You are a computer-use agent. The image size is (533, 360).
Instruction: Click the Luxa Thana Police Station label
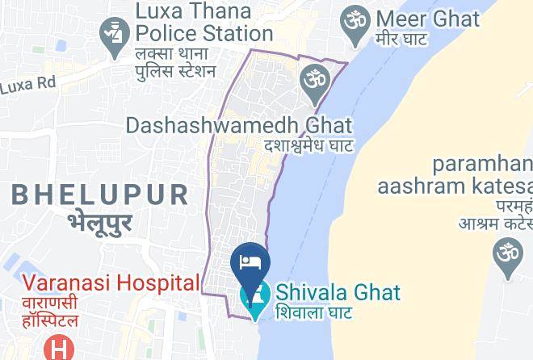click(204, 23)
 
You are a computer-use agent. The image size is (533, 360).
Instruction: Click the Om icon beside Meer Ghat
click(355, 17)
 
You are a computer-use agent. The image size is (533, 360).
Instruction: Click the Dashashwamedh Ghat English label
click(239, 126)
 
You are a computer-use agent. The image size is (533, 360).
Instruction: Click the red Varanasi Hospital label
click(111, 283)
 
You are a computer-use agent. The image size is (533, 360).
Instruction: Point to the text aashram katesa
click(455, 186)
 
